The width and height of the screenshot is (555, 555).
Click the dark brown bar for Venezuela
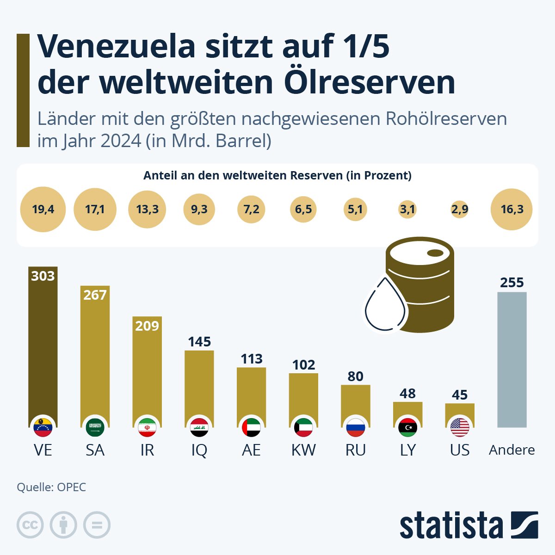[43, 342]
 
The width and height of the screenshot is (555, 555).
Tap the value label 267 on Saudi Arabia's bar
[95, 295]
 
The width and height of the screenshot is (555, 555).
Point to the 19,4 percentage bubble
[43, 209]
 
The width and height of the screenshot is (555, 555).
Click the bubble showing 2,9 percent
[459, 210]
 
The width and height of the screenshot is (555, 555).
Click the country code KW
[303, 450]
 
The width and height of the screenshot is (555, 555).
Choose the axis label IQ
[199, 450]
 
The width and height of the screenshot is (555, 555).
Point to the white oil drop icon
[385, 304]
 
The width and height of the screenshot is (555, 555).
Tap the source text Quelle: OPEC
[51, 487]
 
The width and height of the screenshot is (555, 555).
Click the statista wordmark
[451, 526]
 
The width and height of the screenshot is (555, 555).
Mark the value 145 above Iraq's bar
[199, 342]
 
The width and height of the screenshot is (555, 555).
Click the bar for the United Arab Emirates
[251, 393]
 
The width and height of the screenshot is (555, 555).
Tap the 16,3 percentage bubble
[512, 209]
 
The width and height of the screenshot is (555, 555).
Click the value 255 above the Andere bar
[512, 282]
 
